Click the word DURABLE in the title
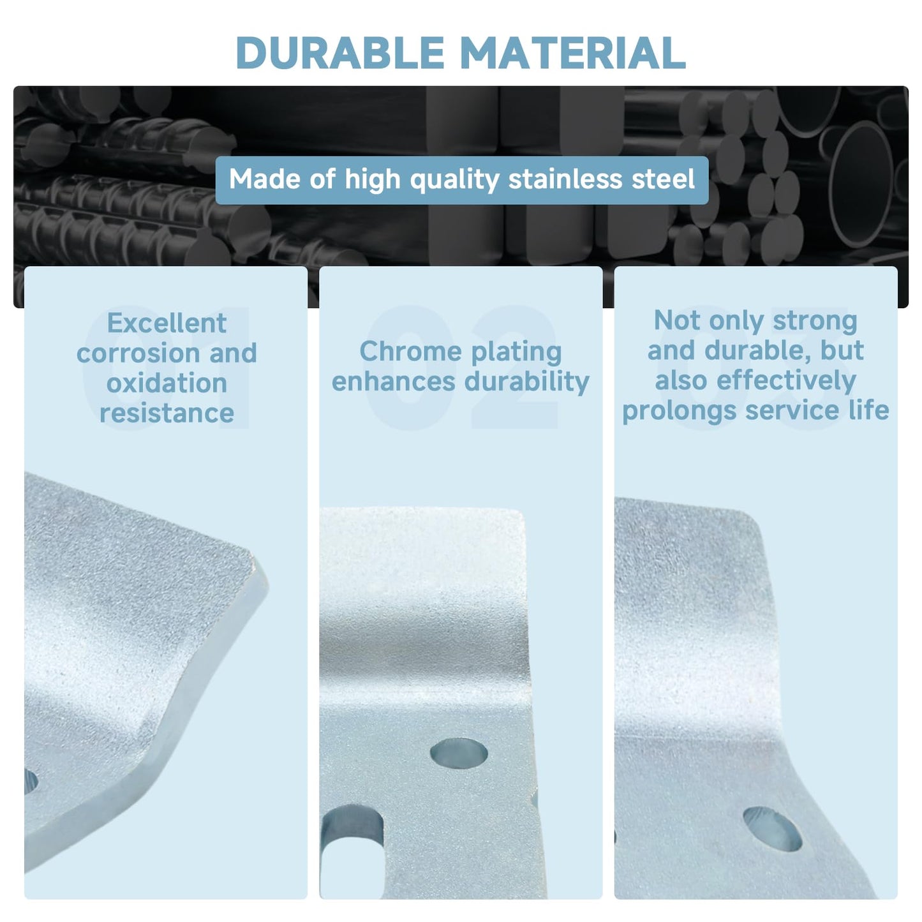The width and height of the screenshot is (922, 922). click(x=341, y=52)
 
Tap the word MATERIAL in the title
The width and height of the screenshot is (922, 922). click(x=573, y=52)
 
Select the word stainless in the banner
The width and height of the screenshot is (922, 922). click(x=565, y=179)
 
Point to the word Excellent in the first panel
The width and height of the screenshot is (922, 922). click(x=167, y=323)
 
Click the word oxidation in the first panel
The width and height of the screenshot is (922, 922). click(x=167, y=383)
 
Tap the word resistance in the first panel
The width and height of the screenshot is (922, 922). click(x=167, y=413)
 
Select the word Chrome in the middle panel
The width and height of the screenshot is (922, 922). click(x=411, y=352)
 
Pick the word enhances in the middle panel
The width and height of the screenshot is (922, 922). click(x=393, y=382)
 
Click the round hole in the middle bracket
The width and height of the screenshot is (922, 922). click(x=458, y=753)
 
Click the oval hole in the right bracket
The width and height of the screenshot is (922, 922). click(x=772, y=829)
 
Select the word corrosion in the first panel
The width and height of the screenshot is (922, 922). click(x=138, y=353)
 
